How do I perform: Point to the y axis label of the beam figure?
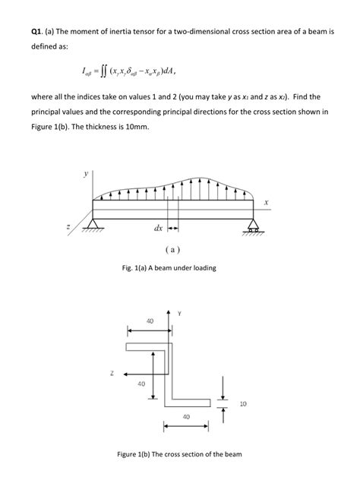85,174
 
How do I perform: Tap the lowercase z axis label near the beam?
68,227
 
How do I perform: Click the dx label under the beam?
158,227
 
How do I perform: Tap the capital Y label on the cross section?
179,313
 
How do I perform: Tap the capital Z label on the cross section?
112,372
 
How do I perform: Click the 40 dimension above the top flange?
150,321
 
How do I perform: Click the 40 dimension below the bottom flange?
185,416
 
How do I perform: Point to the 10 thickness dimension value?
242,403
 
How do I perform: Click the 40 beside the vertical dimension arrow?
141,384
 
